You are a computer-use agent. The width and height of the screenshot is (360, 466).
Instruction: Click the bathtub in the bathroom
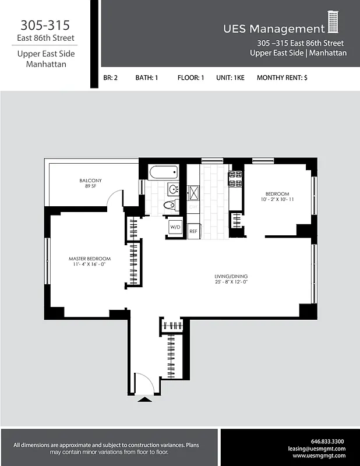pos(163,172)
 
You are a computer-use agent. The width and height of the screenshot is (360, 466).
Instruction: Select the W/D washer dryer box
pos(175,227)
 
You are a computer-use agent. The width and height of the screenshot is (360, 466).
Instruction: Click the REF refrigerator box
pos(193,231)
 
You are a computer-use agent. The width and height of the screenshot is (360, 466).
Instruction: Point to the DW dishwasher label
pos(193,208)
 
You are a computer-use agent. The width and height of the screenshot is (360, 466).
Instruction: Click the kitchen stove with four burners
pos(236,178)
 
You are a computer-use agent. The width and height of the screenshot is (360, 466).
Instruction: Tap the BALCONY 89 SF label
pos(90,183)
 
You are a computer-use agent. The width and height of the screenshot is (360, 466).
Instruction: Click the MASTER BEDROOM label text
pos(89,262)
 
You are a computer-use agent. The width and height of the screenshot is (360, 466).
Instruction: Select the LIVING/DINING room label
pos(231,279)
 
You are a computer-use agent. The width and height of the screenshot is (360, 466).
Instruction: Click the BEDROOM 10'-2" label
pos(277,197)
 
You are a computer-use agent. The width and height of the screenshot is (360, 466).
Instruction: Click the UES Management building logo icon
pos(333,23)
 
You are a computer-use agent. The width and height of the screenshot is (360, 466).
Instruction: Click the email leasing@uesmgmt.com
pos(317,449)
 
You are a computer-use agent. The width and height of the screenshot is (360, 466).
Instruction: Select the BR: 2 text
pos(111,77)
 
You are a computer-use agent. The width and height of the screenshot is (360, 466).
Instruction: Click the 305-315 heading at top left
pos(45,26)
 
